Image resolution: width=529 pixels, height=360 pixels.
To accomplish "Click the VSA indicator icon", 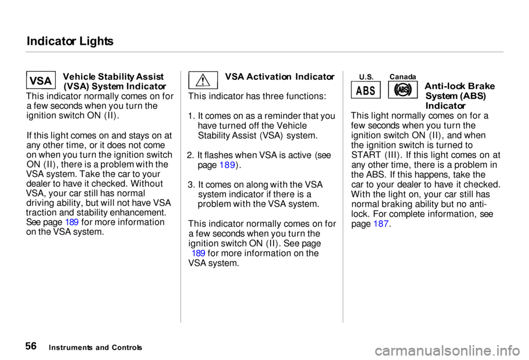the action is tap(41, 80).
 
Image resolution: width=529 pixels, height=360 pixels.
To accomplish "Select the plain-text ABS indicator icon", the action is tap(365, 90).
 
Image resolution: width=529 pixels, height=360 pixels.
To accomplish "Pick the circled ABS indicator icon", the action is tap(402, 90).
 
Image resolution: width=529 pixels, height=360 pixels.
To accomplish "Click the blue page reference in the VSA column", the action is tap(72, 222).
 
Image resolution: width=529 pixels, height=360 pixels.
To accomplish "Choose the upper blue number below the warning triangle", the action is tap(228, 165).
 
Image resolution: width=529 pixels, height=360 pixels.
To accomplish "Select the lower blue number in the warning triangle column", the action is tap(199, 252).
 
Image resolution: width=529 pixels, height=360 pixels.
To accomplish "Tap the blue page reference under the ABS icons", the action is tap(381, 223).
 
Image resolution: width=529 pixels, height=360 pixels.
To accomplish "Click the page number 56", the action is tap(31, 347).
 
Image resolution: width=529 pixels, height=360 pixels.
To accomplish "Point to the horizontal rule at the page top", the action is tap(264, 52).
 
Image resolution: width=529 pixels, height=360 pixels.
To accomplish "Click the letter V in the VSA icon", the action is tap(33, 81).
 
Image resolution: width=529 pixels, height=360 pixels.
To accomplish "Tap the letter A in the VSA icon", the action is tap(49, 81).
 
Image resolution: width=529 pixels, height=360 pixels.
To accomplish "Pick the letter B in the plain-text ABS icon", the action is tap(365, 91).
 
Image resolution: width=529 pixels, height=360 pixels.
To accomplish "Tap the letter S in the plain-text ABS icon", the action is tap(373, 91).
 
